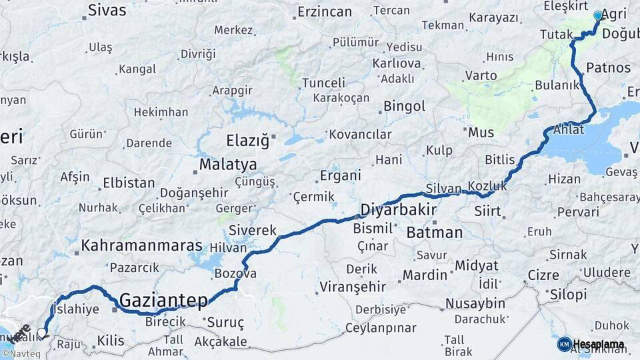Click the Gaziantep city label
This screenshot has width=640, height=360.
163,301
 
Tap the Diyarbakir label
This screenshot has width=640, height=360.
398,210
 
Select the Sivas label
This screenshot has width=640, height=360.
107,11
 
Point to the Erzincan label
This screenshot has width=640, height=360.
324,12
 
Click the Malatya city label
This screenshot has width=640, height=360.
227,164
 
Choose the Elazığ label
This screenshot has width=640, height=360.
247,141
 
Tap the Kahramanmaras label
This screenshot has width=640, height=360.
141,246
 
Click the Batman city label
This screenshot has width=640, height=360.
434,233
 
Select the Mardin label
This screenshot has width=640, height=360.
425,275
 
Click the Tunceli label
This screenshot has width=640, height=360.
323,83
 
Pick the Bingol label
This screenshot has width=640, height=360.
404,107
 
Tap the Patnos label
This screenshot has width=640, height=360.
608,68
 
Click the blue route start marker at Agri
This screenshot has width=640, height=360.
597,15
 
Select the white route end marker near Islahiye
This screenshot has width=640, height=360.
42,332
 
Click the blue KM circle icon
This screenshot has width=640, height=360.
564,344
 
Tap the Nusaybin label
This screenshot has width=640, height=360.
475,304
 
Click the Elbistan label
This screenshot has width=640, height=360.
129,183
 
